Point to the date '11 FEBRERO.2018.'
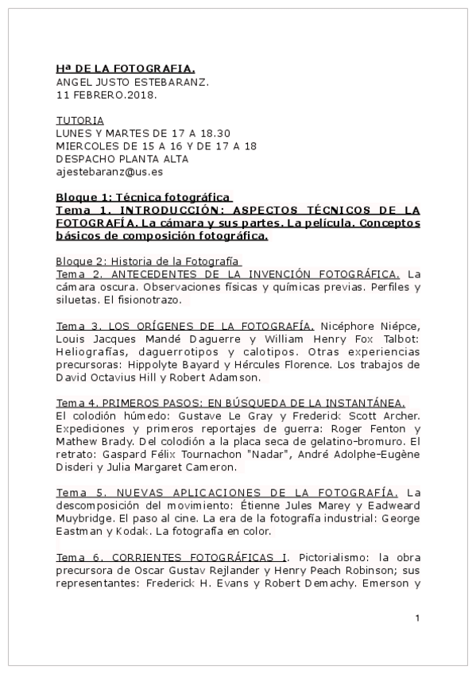point(106,95)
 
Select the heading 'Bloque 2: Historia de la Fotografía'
point(149,261)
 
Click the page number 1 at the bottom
point(417,618)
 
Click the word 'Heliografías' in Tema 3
point(91,352)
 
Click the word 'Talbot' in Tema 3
point(403,339)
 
